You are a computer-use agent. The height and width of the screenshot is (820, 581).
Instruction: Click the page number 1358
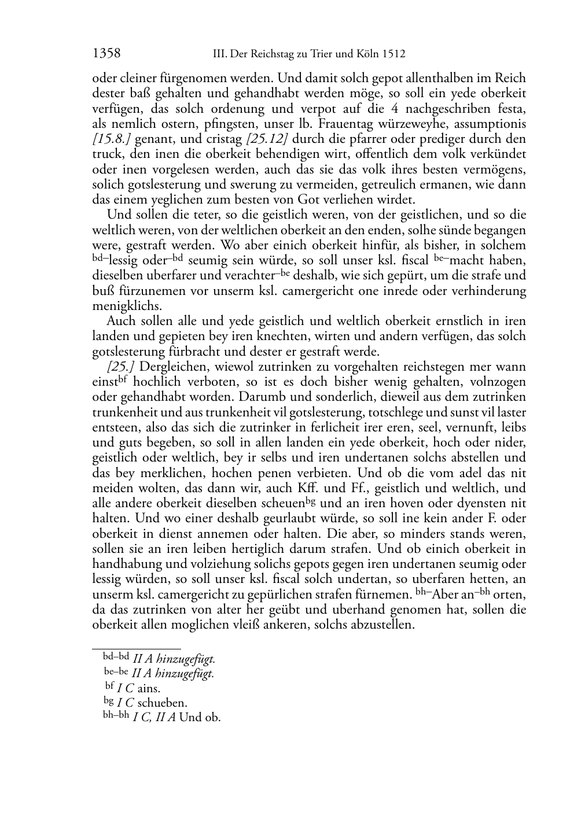[x=106, y=54]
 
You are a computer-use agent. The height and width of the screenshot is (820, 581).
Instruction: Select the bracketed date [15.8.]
[x=112, y=139]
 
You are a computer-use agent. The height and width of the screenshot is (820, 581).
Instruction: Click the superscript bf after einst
[x=122, y=379]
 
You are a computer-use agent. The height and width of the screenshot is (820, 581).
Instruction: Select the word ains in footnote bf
[x=149, y=689]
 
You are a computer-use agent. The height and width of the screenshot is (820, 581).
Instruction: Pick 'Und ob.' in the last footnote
[x=200, y=718]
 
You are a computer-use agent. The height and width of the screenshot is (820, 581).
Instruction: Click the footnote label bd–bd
[x=116, y=656]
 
